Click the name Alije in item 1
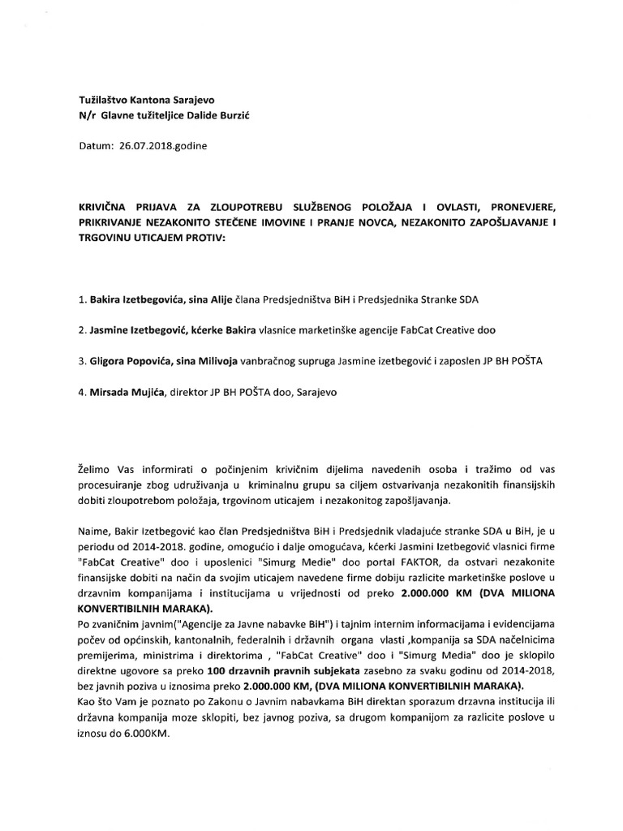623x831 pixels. (x=223, y=299)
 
